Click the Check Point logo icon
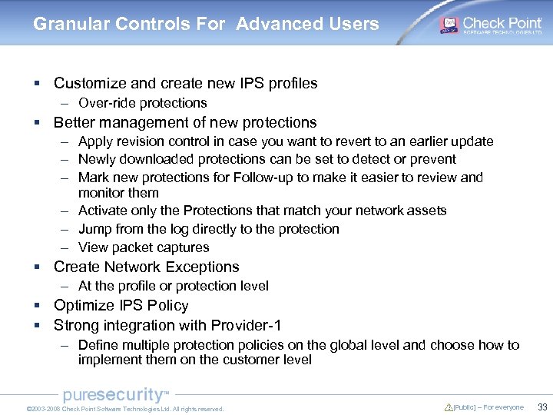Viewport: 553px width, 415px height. (x=449, y=25)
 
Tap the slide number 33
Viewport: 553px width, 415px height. (x=541, y=407)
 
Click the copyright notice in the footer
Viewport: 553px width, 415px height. (x=124, y=409)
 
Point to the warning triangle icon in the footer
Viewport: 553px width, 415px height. (x=449, y=407)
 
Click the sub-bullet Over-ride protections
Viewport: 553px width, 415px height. (x=142, y=103)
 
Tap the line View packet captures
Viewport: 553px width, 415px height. (x=144, y=247)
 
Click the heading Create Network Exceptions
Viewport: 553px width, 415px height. (x=146, y=267)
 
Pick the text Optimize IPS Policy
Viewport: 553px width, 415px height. (x=121, y=305)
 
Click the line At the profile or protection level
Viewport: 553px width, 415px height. (x=173, y=286)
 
